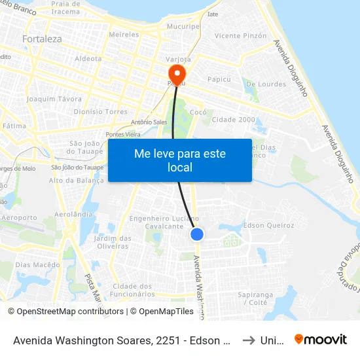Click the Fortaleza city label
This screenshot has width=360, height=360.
click(x=42, y=39)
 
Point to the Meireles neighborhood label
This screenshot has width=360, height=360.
click(x=124, y=34)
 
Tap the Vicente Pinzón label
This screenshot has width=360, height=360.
click(x=241, y=36)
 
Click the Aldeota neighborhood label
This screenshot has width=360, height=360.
click(x=88, y=58)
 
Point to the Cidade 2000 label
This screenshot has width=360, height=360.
click(x=234, y=120)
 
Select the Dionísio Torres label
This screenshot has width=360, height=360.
click(x=100, y=112)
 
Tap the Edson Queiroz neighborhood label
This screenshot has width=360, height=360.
click(x=268, y=225)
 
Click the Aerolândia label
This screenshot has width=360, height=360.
click(x=74, y=215)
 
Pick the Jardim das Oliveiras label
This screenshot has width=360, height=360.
click(x=113, y=242)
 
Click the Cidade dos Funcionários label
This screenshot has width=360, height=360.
click(x=133, y=290)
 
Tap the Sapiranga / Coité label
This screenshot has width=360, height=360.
click(x=255, y=299)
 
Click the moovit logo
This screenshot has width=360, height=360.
click(x=321, y=340)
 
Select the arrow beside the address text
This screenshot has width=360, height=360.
click(x=247, y=340)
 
